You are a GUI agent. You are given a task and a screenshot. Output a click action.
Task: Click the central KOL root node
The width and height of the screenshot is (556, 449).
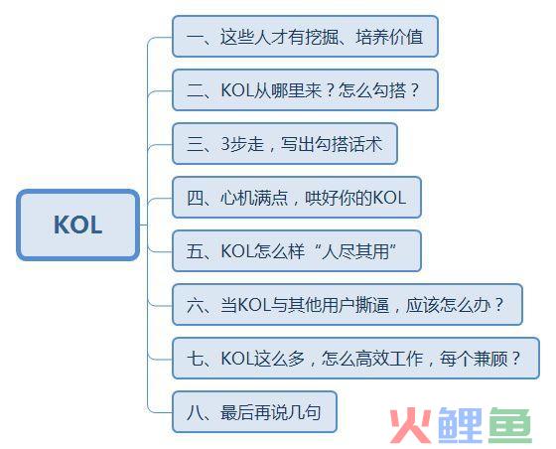click(x=78, y=224)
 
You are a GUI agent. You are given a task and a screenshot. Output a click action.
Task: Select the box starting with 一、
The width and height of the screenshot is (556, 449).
click(x=306, y=37)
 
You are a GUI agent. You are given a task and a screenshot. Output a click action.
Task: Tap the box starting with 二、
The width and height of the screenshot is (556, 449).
click(x=306, y=90)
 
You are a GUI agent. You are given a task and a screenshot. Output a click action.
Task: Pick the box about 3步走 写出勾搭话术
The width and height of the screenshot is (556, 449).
click(x=285, y=144)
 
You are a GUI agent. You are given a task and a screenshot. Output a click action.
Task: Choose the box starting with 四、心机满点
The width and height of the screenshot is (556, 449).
click(x=297, y=198)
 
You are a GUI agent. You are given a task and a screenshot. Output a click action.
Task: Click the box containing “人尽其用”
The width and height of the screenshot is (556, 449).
click(x=297, y=251)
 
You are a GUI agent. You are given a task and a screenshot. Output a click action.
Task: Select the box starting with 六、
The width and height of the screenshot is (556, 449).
click(x=347, y=305)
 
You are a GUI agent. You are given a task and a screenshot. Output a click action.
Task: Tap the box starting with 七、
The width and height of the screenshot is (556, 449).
click(x=356, y=359)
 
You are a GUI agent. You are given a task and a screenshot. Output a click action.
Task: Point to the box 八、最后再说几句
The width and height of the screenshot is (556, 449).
click(x=254, y=412)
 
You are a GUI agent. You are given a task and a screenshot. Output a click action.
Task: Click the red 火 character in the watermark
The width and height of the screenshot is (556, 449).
click(x=411, y=425)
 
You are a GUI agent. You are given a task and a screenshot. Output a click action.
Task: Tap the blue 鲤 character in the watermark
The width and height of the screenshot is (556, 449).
click(x=461, y=425)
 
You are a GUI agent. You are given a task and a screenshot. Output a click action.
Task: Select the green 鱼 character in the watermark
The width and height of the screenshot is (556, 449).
click(x=510, y=425)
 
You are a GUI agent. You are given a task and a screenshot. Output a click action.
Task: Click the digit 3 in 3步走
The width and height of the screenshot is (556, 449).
click(x=225, y=144)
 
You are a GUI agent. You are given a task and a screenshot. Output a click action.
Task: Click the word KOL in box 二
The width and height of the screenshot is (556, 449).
click(x=237, y=90)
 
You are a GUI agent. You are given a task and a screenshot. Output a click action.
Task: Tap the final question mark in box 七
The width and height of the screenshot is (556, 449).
click(x=516, y=359)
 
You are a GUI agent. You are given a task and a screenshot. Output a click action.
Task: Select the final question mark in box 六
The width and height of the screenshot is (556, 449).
click(x=499, y=305)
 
